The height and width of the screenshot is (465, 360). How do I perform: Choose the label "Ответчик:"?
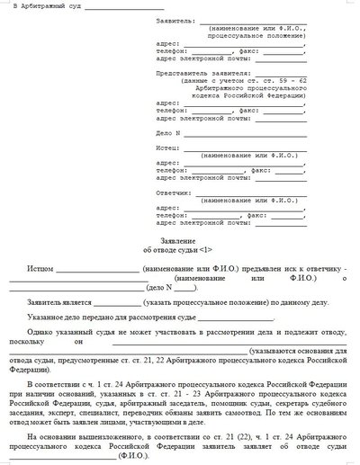172,193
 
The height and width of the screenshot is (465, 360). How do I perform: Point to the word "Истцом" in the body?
41,269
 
